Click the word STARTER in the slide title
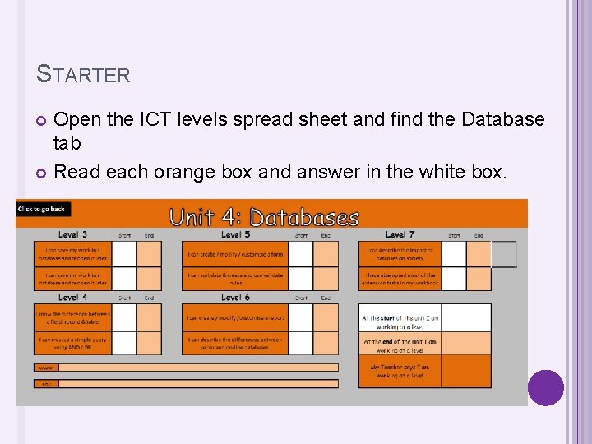(x=84, y=75)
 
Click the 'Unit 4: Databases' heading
(x=264, y=218)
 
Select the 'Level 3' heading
(x=73, y=235)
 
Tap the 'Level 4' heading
(x=73, y=297)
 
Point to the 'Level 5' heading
(x=235, y=235)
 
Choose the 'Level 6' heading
(x=235, y=297)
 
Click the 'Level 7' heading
(x=400, y=235)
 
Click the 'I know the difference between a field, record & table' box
(x=72, y=317)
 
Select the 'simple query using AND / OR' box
(x=72, y=343)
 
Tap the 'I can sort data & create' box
(x=235, y=279)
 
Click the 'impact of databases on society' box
(x=400, y=253)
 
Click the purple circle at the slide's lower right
(x=546, y=388)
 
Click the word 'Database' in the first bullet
(x=502, y=119)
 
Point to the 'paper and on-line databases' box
(x=235, y=343)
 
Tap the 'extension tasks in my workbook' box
(x=400, y=279)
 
